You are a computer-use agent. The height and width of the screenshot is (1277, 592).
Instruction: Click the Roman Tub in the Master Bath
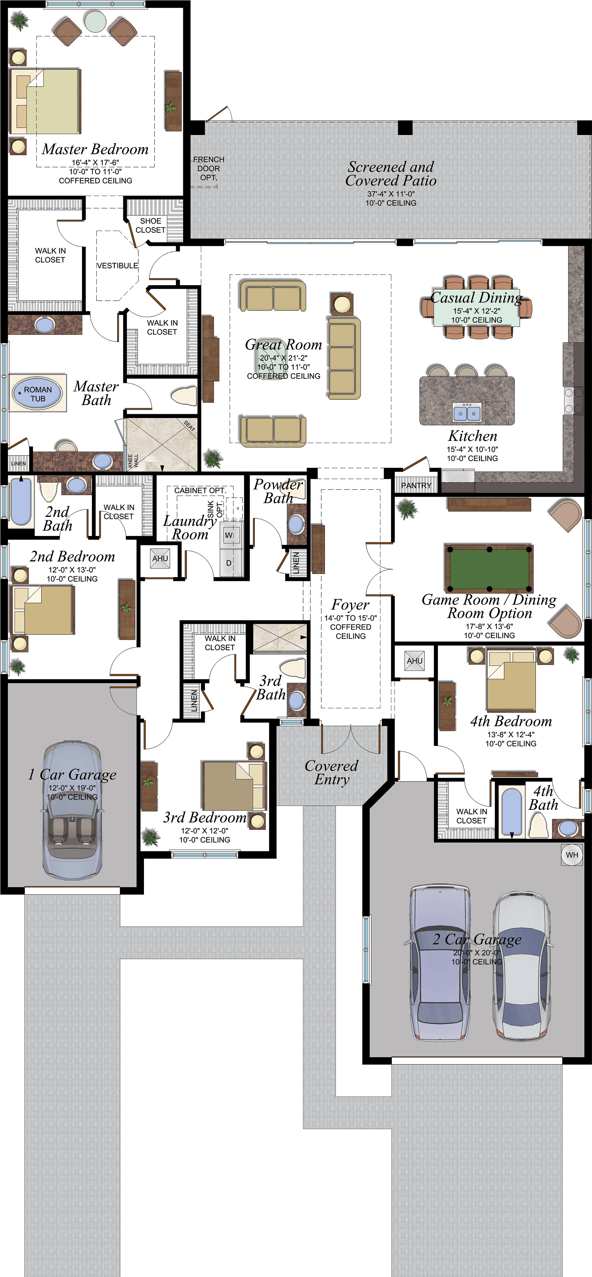click(38, 394)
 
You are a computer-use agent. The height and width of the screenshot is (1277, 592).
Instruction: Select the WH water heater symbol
click(572, 855)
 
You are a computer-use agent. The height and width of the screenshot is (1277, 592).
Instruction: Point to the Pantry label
click(416, 485)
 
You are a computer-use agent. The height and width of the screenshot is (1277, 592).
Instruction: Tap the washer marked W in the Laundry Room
click(229, 535)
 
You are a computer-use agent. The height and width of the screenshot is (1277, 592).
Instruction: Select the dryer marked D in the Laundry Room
click(229, 563)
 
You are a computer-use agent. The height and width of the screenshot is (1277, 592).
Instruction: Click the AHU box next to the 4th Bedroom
click(414, 661)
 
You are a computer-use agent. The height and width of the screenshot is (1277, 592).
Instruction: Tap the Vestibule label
click(117, 266)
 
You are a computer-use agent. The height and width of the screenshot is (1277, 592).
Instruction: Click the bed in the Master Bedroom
click(47, 102)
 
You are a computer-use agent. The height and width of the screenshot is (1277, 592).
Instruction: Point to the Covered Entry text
click(331, 772)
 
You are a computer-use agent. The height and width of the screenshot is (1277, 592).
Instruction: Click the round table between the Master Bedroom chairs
click(95, 21)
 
